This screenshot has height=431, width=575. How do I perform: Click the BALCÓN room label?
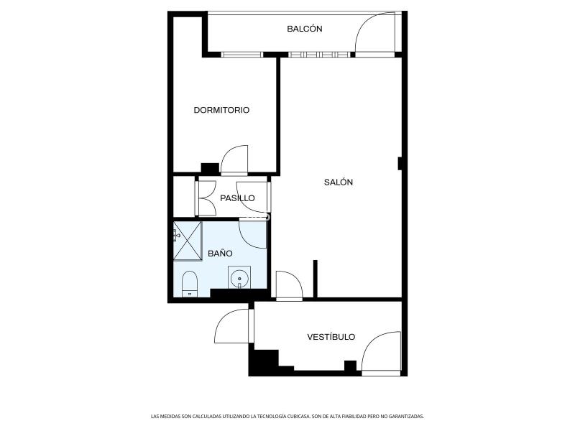304,29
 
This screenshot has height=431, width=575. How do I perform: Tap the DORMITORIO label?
221,110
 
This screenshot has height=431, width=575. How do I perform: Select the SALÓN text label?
339,182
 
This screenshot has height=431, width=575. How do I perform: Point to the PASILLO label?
237,198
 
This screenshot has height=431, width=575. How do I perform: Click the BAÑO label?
220,254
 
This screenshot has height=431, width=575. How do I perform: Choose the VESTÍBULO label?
331,337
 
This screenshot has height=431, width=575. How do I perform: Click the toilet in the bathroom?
190,284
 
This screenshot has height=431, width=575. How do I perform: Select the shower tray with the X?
188,241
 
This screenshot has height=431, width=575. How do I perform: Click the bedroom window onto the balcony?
242,55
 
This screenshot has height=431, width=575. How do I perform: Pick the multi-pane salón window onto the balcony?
318,55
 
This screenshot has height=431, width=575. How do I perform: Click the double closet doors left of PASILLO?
206,198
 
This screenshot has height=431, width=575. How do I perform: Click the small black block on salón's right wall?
400,164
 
